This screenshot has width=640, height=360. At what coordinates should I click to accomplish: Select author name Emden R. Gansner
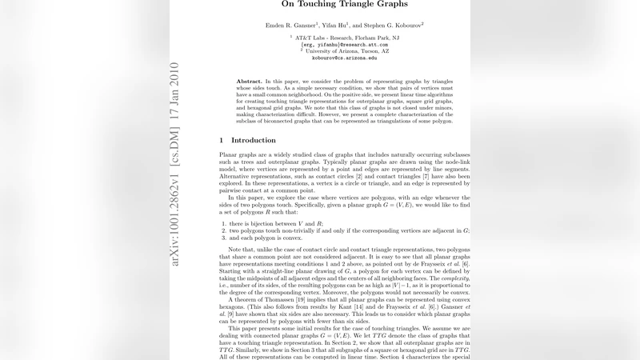click(291, 26)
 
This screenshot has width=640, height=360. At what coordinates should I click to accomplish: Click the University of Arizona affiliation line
click(346, 51)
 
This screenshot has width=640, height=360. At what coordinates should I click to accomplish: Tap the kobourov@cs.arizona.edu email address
click(344, 58)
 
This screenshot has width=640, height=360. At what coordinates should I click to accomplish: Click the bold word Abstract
click(250, 82)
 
